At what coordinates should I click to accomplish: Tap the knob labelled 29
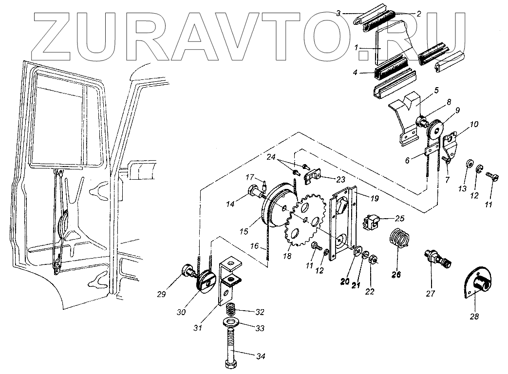point(188,270)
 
